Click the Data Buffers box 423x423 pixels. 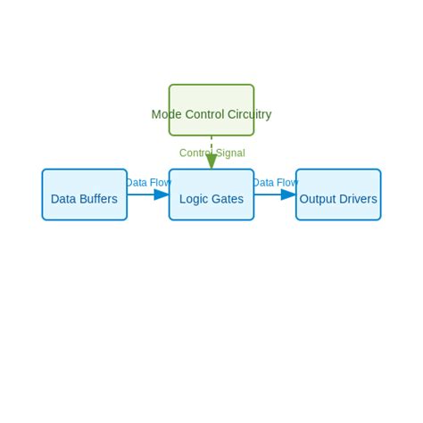click(x=84, y=195)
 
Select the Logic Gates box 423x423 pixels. click(x=211, y=195)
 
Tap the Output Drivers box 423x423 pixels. click(x=338, y=195)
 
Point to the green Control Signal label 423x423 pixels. click(x=211, y=153)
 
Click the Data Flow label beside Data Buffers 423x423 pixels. click(x=148, y=183)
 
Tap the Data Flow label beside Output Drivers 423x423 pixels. click(x=275, y=183)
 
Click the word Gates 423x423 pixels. click(x=228, y=199)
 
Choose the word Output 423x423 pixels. click(x=317, y=199)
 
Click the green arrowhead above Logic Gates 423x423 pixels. click(x=211, y=162)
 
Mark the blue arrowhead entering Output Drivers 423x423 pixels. click(x=288, y=195)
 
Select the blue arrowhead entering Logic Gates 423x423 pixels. click(x=162, y=195)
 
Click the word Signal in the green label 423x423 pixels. click(x=228, y=153)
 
